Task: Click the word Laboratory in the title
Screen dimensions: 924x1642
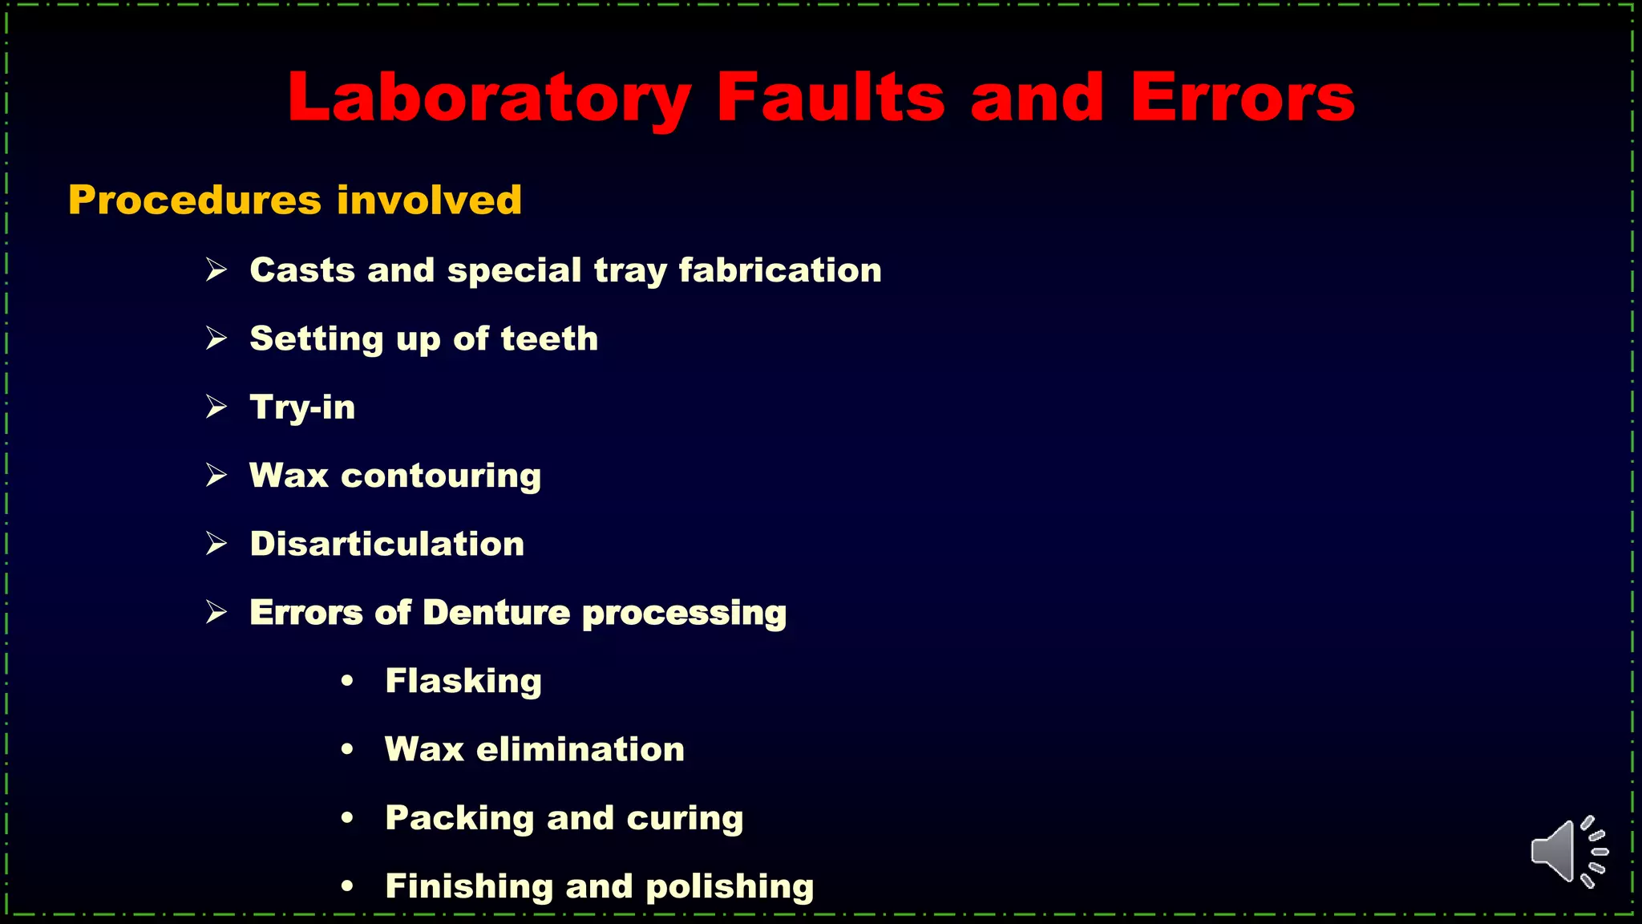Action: pos(489,99)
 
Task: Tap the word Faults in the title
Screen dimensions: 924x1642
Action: pos(831,97)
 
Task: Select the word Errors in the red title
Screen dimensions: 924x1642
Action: pos(1242,99)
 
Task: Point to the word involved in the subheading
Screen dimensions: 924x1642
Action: pos(429,200)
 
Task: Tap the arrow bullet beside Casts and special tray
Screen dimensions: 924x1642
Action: pos(216,269)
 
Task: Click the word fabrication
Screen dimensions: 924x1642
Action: pos(780,270)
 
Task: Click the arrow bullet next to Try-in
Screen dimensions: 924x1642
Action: pos(216,407)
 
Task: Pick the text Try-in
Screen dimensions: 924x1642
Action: pos(302,407)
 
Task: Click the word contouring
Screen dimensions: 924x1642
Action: pos(441,476)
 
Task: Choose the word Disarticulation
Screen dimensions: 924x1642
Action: pos(387,544)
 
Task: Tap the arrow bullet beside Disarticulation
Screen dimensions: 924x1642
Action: pos(216,544)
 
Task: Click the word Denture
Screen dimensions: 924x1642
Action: pos(496,613)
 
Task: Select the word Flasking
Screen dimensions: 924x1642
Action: pos(463,682)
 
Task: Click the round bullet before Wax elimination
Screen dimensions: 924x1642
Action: pos(347,750)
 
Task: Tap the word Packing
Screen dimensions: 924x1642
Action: pos(459,819)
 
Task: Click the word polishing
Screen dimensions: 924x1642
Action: pos(730,887)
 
